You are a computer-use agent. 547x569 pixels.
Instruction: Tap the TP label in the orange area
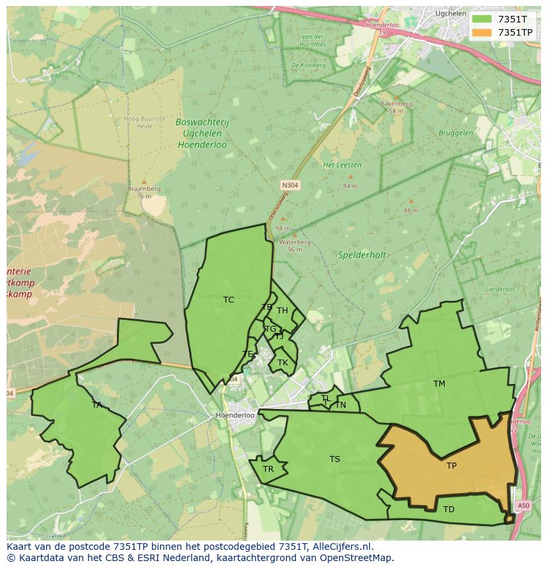click(x=451, y=466)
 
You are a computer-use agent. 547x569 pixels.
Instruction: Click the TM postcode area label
click(x=439, y=384)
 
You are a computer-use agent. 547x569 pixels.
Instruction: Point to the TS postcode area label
click(x=335, y=459)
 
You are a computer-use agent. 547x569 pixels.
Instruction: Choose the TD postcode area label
click(x=449, y=510)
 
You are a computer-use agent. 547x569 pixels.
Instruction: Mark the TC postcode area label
click(x=229, y=300)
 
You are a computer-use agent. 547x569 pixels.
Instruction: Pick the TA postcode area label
click(x=97, y=405)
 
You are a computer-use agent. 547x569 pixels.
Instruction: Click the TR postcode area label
click(x=268, y=469)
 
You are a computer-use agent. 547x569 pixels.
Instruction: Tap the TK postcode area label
click(x=283, y=363)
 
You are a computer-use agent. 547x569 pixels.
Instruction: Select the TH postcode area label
click(x=282, y=311)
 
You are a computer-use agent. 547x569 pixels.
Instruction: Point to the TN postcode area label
click(x=341, y=405)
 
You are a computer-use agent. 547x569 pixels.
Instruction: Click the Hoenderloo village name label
click(x=235, y=415)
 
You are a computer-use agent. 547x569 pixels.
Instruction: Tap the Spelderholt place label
click(x=361, y=254)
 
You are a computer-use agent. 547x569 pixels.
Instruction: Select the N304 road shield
click(x=289, y=186)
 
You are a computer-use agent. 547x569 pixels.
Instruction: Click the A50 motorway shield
click(x=523, y=506)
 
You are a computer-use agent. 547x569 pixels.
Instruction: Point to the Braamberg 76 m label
click(x=144, y=192)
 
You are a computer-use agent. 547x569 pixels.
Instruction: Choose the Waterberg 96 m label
click(x=295, y=246)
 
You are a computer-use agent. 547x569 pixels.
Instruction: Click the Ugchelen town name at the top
click(x=451, y=13)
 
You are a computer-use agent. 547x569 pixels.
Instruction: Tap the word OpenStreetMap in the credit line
click(x=359, y=558)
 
